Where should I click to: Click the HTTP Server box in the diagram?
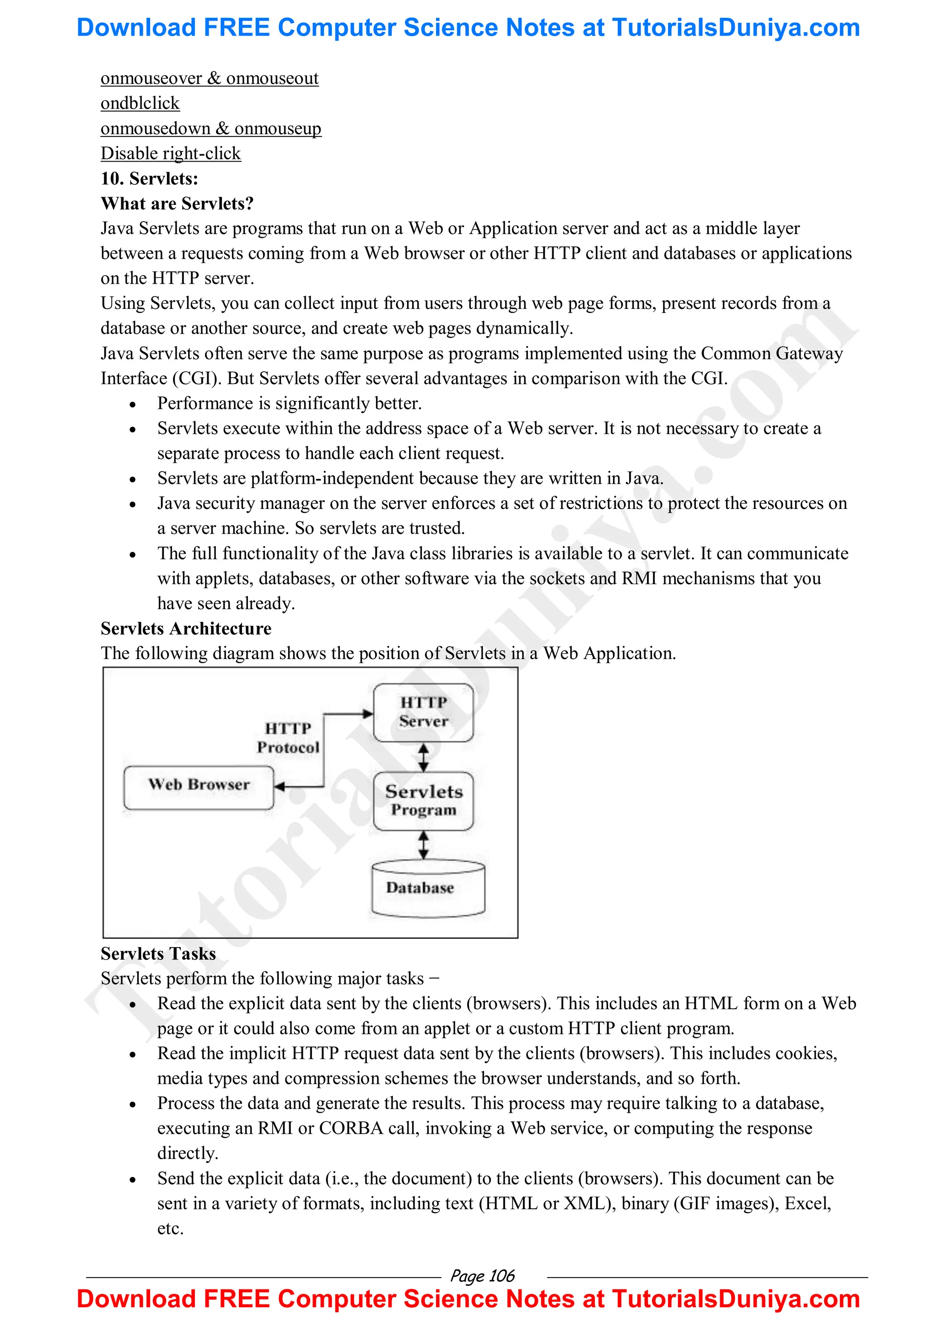423,712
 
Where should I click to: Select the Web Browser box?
199,787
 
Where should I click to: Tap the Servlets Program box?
423,801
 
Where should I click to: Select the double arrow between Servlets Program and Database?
423,844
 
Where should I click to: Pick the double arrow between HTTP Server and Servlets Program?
423,757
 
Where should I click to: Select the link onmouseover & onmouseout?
209,79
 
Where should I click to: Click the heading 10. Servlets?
149,179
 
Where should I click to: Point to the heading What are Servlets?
177,203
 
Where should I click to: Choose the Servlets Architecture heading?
185,628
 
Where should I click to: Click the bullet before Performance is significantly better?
133,404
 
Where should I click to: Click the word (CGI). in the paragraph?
196,378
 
